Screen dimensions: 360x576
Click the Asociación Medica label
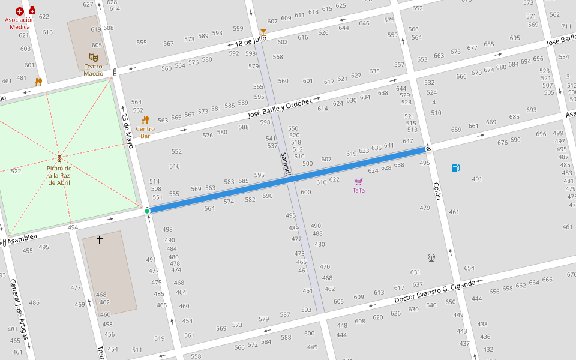[20, 23]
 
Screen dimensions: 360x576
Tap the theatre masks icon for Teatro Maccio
[94, 58]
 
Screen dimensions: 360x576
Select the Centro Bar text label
[145, 132]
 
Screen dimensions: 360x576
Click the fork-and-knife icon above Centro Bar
[145, 120]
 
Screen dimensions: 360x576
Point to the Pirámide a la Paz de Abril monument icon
[59, 159]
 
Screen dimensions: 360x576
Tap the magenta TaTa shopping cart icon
[359, 181]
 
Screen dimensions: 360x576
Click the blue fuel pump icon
[456, 168]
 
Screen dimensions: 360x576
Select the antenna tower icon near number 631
[431, 258]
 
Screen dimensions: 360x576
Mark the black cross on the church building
[100, 240]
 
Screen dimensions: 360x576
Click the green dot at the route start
[147, 211]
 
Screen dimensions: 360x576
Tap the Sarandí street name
[286, 164]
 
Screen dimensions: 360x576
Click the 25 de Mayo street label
[127, 131]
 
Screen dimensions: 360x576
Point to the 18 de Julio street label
[250, 41]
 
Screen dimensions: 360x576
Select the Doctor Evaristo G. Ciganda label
[435, 291]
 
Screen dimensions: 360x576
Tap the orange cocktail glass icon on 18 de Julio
[263, 32]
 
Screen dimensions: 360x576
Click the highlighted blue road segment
[288, 179]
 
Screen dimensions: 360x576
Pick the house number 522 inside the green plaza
[16, 172]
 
